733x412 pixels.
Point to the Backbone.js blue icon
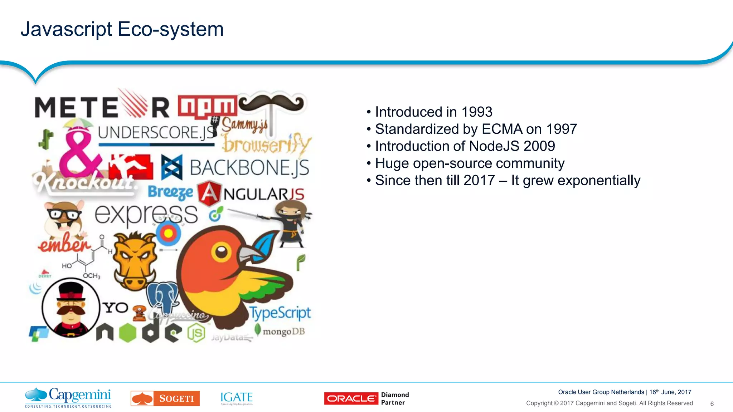(x=172, y=167)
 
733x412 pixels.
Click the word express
(x=146, y=214)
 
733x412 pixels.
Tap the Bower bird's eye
(x=221, y=252)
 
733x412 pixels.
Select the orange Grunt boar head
(x=135, y=261)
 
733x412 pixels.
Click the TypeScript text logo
(x=280, y=313)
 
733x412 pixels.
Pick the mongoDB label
(x=283, y=332)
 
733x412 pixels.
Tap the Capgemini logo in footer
(x=68, y=397)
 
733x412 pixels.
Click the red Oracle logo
(x=351, y=398)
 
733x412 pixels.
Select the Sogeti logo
(x=165, y=398)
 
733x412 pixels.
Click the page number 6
(x=712, y=404)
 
